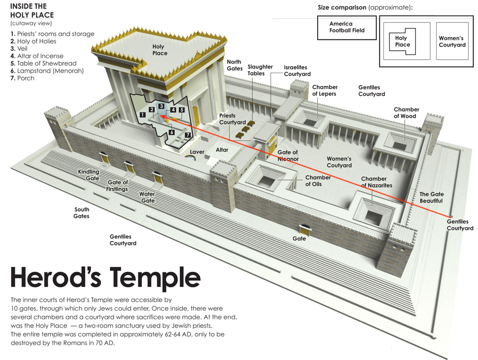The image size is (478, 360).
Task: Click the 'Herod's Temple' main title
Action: [106, 278]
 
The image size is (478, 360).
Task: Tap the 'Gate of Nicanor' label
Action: [288, 155]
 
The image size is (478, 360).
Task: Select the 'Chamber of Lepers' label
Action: [325, 91]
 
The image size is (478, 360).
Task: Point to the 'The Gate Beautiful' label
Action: [431, 198]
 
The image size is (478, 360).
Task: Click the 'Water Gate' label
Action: [147, 197]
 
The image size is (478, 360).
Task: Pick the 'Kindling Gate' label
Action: [89, 175]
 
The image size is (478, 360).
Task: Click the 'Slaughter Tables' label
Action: [260, 70]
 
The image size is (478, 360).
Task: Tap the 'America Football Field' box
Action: [347, 28]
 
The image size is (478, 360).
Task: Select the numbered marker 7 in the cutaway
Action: [188, 135]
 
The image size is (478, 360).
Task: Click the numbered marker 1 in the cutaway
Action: [142, 115]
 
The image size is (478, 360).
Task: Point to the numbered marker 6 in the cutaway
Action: [172, 132]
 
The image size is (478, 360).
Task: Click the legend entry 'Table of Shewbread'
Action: [43, 63]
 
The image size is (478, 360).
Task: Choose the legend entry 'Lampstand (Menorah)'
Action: [47, 71]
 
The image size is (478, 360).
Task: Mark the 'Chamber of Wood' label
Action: [406, 113]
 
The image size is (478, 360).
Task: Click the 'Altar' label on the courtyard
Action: [222, 150]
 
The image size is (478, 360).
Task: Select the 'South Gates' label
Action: [81, 213]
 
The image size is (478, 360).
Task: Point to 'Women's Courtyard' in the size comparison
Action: [452, 41]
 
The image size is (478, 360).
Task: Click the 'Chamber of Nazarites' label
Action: [376, 182]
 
